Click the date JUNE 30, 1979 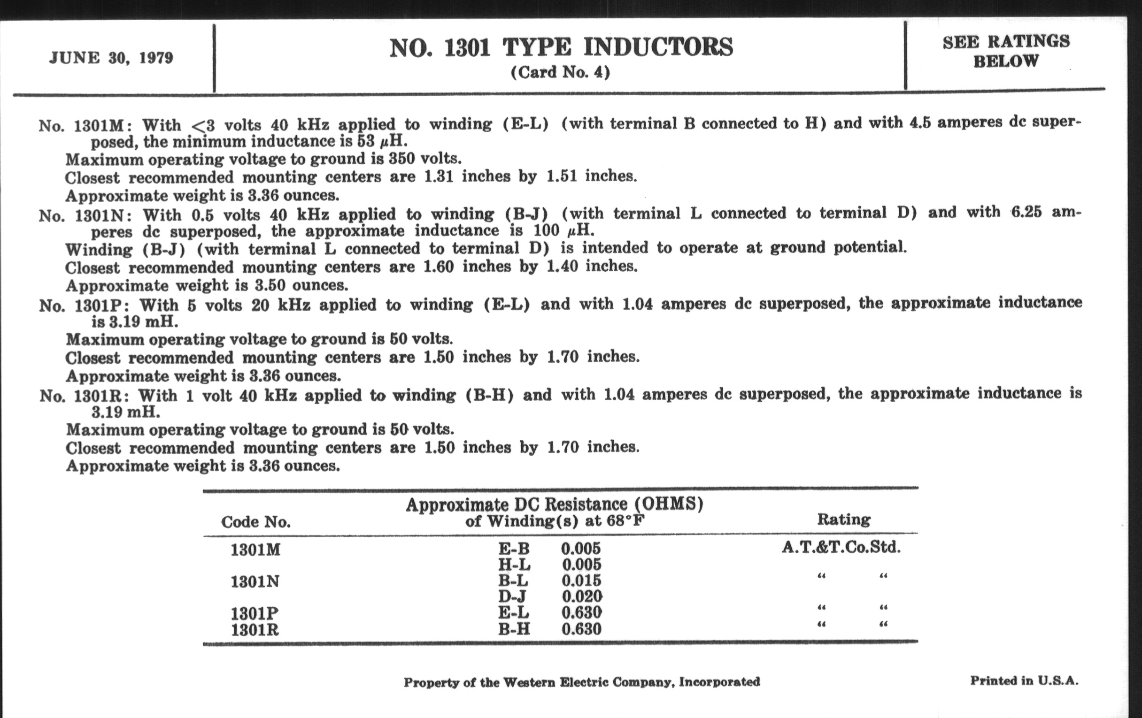coord(111,58)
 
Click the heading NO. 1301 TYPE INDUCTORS coord(561,48)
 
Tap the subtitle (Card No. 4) coord(560,73)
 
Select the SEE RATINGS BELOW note coord(1006,51)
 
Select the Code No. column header coord(255,522)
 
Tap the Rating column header coord(844,519)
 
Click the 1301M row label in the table coord(255,550)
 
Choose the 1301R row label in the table coord(254,630)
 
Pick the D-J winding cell coord(512,596)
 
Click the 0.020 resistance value coord(582,596)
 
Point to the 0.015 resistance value coord(581,581)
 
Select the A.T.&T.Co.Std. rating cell coord(841,547)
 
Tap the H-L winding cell coord(514,565)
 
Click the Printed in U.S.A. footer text coord(1024,681)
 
